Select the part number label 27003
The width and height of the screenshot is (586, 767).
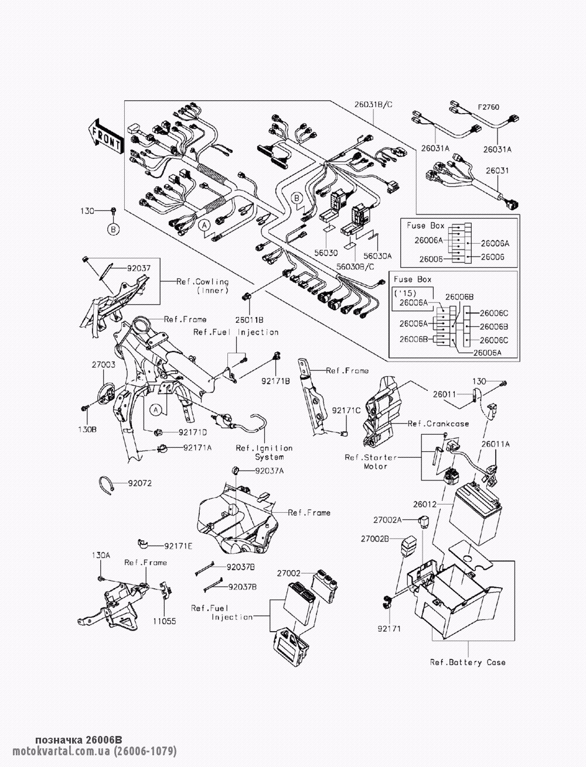[x=103, y=364]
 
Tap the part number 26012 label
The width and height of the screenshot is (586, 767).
[x=424, y=504]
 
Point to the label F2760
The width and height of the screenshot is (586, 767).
[x=488, y=108]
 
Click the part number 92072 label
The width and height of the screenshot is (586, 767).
[x=139, y=483]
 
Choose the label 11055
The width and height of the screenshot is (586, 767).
[x=165, y=621]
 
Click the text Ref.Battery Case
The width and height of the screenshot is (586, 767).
[x=468, y=662]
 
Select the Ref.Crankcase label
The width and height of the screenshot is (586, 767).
[x=438, y=423]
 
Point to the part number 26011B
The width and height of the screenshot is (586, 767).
[x=250, y=319]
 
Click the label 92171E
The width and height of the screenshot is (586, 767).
[x=178, y=546]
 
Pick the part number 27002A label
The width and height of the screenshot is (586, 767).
[x=389, y=520]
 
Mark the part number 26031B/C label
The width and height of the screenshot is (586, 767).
[x=373, y=105]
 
